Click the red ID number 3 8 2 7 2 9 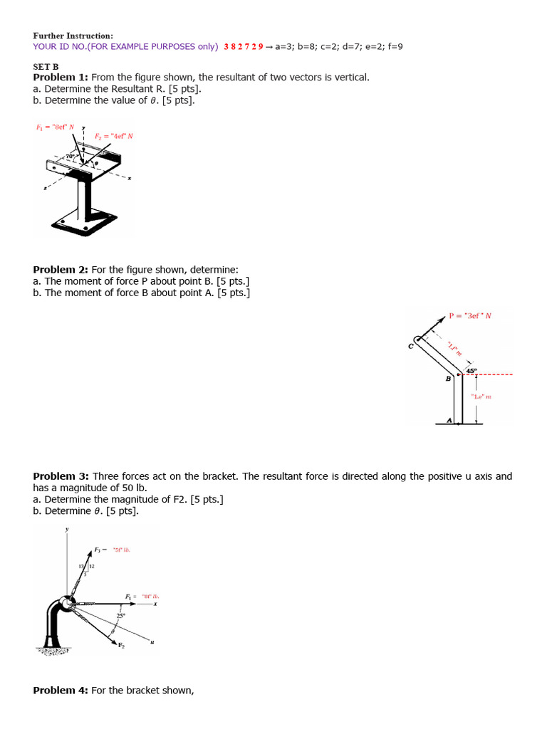point(243,47)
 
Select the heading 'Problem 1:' point(61,77)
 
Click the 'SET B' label point(46,66)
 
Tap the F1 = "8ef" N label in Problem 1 point(56,127)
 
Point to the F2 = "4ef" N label point(114,135)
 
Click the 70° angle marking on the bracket point(71,155)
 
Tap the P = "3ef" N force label point(470,315)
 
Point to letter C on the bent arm point(410,346)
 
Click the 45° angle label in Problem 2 point(471,371)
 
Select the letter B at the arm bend point(448,379)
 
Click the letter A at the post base point(449,420)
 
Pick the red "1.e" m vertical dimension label point(481,397)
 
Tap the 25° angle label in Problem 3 point(121,615)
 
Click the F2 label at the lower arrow point(121,645)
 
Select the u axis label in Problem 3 point(151,642)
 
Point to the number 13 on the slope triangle point(81,566)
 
